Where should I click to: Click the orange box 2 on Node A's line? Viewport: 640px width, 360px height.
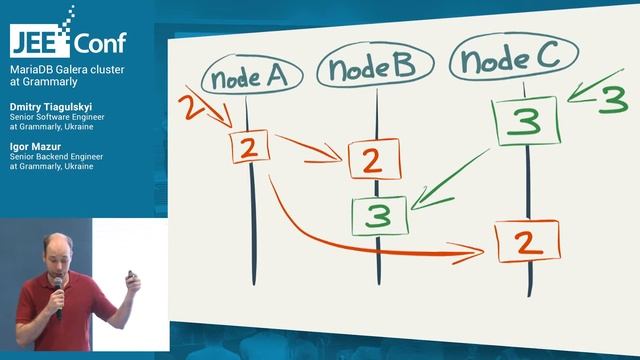pos(252,146)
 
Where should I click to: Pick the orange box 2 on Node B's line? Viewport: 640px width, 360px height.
pos(374,160)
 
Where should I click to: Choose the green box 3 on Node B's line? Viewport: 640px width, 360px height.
pos(379,215)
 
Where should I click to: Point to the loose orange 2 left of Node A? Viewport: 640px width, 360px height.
pos(194,107)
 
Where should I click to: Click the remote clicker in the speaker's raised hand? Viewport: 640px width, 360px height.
pos(129,273)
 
